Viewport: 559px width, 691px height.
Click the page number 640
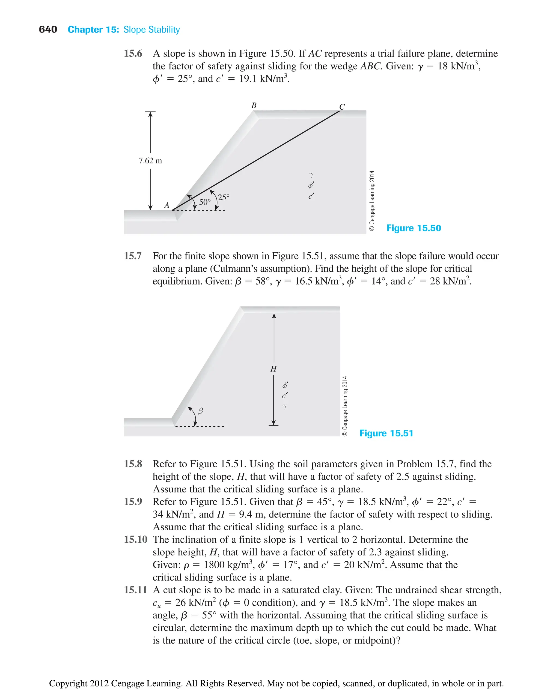click(48, 30)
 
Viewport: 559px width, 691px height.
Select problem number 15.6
click(133, 53)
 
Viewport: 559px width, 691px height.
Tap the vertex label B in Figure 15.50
click(254, 106)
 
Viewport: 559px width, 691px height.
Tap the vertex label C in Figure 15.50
click(342, 107)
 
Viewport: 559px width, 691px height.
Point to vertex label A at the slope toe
click(166, 205)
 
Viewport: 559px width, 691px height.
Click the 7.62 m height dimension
click(150, 161)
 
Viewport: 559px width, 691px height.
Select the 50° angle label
click(205, 202)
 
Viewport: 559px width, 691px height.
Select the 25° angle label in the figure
click(224, 197)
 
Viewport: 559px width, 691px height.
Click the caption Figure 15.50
click(414, 228)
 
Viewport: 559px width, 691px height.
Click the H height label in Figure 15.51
click(273, 369)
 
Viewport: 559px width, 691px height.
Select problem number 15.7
click(133, 256)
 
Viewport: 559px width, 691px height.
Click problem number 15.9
click(133, 502)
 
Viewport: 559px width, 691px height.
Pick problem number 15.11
click(135, 590)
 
